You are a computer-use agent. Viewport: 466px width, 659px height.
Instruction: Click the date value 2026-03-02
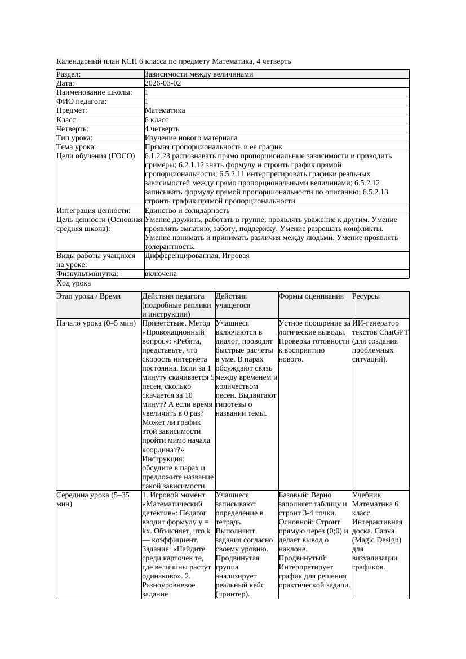pyautogui.click(x=163, y=83)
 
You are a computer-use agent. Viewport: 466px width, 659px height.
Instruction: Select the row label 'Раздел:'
pyautogui.click(x=69, y=74)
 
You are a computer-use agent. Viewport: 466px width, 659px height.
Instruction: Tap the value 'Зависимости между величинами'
pyautogui.click(x=199, y=74)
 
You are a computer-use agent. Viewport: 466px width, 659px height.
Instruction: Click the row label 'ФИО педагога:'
pyautogui.click(x=82, y=101)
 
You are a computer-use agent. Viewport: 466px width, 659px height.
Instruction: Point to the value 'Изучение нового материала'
pyautogui.click(x=191, y=138)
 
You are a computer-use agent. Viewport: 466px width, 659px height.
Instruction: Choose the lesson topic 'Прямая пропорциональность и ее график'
pyautogui.click(x=214, y=147)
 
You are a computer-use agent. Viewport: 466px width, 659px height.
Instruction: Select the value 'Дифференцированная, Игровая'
pyautogui.click(x=197, y=256)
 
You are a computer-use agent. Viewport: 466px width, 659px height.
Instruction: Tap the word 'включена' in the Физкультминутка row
pyautogui.click(x=161, y=274)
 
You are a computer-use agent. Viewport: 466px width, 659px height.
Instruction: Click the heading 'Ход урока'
pyautogui.click(x=74, y=284)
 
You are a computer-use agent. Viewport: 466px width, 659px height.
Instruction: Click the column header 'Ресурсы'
pyautogui.click(x=366, y=296)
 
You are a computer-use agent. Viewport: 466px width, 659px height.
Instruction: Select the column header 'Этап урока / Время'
pyautogui.click(x=88, y=296)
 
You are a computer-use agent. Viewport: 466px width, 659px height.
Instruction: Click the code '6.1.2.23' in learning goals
pyautogui.click(x=159, y=156)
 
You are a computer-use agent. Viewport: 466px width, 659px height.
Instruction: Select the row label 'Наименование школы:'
pyautogui.click(x=95, y=92)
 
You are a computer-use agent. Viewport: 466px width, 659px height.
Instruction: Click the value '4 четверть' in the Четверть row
pyautogui.click(x=162, y=129)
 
